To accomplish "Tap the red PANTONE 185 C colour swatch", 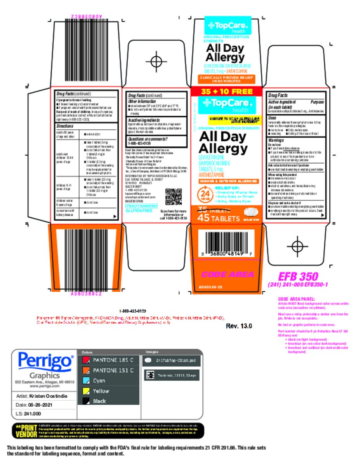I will (x=86, y=360).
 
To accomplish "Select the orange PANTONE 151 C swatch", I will (x=86, y=370).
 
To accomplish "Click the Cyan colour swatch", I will (x=86, y=381).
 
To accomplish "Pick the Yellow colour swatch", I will (x=86, y=391).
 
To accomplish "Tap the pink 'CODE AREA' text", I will (x=227, y=274).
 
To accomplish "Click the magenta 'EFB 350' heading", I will (x=298, y=276).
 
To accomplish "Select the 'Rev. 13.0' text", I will (x=239, y=326).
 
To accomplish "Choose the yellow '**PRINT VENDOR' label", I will (x=26, y=431).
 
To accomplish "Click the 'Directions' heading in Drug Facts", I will (x=65, y=127).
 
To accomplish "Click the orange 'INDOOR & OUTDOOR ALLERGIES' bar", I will (x=229, y=181).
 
